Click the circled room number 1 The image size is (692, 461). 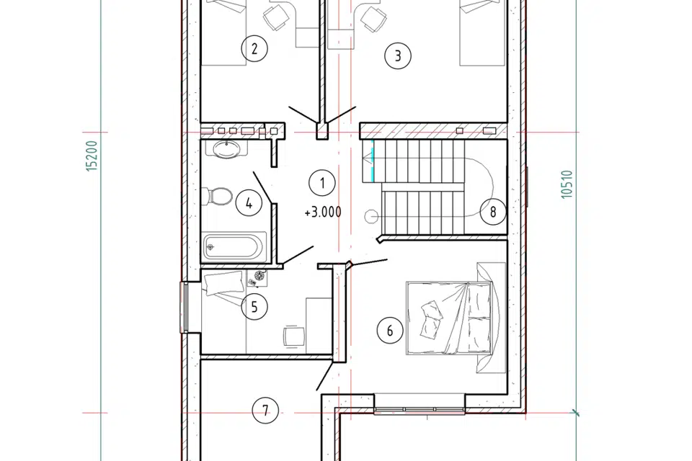pos(322,183)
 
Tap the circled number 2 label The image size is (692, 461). pos(254,48)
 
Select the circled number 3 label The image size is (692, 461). pos(398,56)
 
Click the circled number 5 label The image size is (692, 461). pos(254,306)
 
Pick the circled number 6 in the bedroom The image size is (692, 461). pos(390,331)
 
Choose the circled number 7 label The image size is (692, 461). pos(265,411)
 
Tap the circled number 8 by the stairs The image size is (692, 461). pos(493,212)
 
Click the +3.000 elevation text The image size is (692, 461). pos(323,212)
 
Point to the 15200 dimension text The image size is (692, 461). pos(92,156)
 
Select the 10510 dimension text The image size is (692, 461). pos(567,184)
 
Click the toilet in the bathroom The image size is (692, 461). pos(217,197)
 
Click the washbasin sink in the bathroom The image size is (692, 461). pos(226,149)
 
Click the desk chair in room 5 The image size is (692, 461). pos(294,336)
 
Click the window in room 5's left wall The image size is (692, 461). pos(184,307)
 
